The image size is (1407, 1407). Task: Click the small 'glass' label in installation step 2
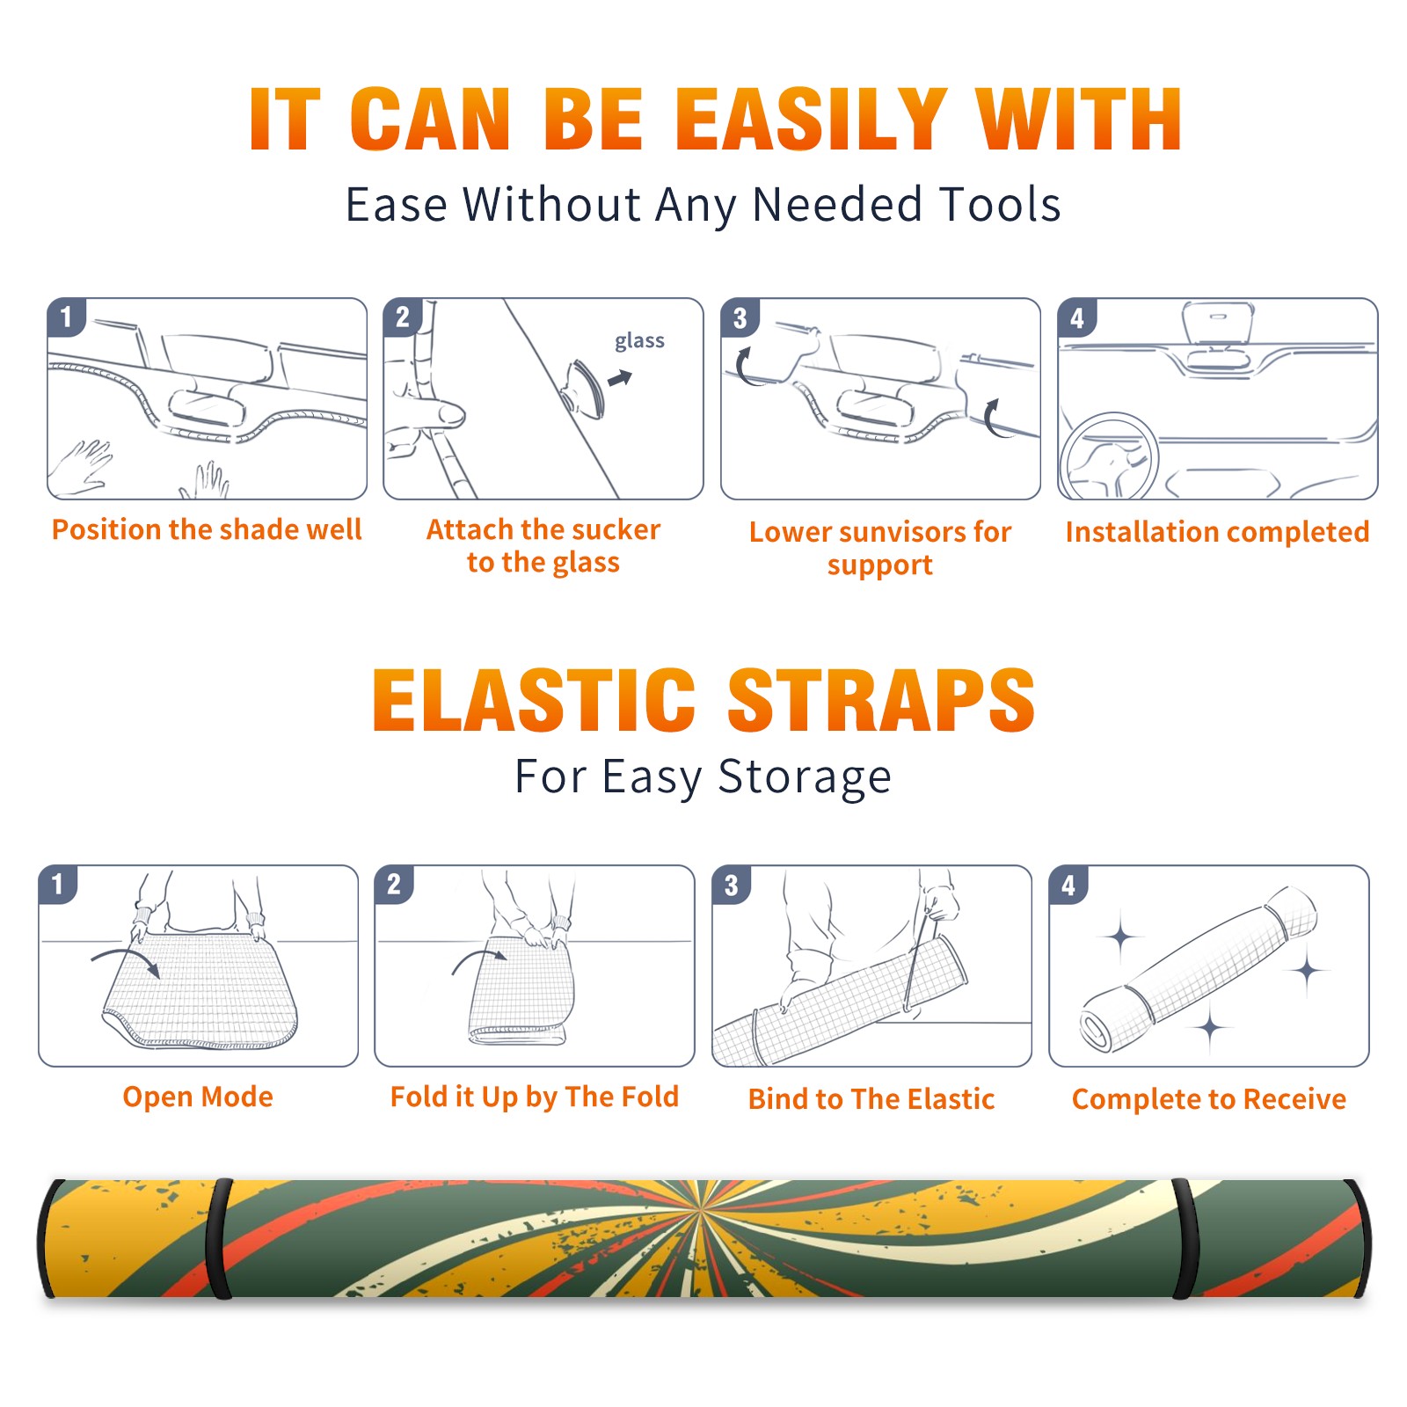coord(639,340)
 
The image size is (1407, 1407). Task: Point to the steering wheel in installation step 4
coord(1110,456)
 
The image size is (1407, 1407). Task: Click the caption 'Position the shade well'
coord(207,529)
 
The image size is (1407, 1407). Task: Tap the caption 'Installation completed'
coord(1217,531)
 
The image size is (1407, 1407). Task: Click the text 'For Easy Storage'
coord(703,776)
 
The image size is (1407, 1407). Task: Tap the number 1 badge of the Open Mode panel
coord(58,884)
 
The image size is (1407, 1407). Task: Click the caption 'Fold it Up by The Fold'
coord(535,1097)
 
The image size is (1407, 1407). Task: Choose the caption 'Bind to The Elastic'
coord(871,1099)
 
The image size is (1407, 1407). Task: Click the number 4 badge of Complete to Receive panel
coord(1068,885)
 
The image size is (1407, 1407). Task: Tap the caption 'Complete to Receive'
coord(1209,1099)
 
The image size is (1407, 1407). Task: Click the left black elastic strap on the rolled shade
coord(219,1239)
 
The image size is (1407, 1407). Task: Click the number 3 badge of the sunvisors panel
coord(740,317)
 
